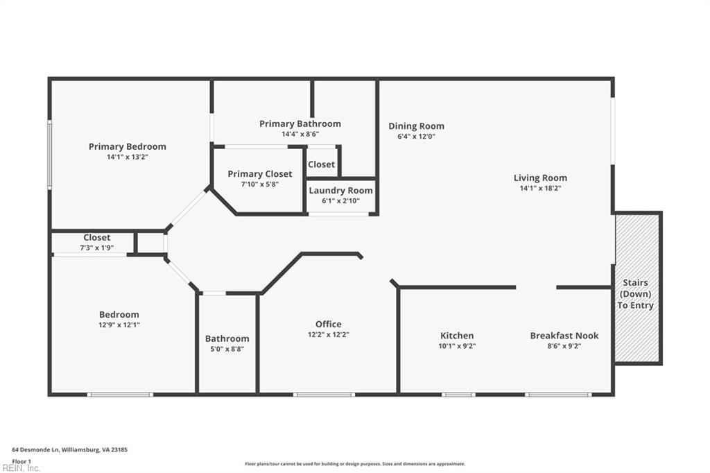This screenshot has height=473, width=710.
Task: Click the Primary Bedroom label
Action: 128,146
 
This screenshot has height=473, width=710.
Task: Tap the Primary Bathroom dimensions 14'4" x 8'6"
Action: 300,134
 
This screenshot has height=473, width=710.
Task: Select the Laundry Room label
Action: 340,190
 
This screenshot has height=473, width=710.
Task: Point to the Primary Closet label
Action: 260,173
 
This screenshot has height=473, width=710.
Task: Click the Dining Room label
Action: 416,126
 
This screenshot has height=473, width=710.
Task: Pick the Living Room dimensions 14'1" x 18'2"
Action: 540,189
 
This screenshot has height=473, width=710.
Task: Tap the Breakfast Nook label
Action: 564,336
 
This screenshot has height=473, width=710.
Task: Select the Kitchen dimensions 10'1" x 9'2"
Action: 457,346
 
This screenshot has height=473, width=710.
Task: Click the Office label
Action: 328,324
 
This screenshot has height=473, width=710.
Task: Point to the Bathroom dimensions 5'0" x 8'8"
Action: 227,349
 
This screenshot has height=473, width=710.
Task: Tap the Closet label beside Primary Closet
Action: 322,164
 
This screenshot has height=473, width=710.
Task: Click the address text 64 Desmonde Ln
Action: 36,450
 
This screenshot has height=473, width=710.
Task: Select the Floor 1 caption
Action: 21,462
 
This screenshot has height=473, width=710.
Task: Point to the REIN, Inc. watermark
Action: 21,468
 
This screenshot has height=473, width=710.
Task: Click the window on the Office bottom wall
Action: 324,395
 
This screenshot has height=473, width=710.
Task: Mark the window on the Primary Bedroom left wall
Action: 50,154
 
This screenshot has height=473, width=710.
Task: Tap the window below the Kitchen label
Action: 458,395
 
